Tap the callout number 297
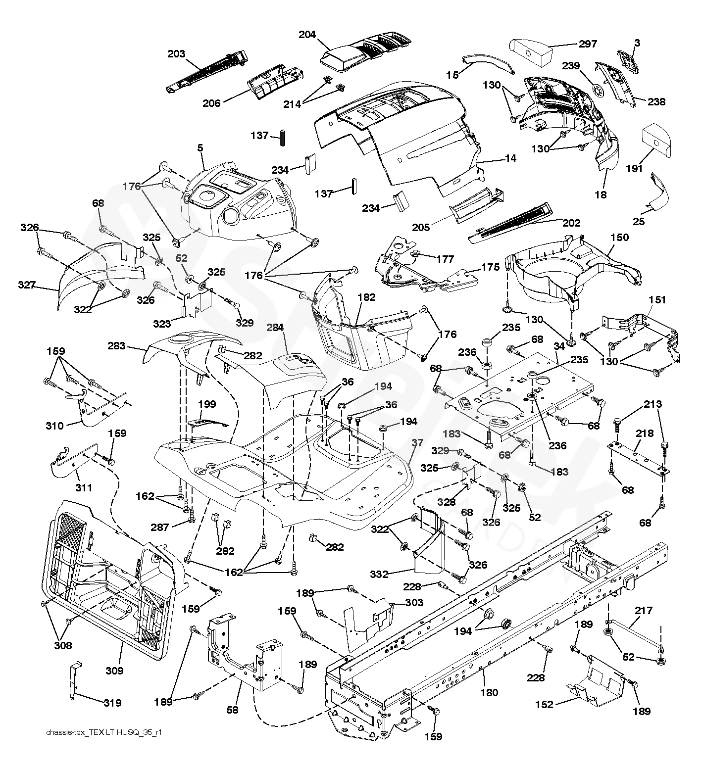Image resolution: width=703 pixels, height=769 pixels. (588, 44)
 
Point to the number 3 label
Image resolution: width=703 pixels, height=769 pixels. (637, 43)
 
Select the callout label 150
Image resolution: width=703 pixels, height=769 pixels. (619, 237)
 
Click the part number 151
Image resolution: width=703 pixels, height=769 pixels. (657, 300)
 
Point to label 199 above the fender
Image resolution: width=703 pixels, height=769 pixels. (207, 404)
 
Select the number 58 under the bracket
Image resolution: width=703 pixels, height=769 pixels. (232, 710)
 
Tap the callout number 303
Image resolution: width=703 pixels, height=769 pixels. (414, 602)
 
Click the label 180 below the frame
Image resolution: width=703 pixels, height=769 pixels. (489, 692)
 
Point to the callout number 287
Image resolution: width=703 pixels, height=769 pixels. (160, 528)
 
